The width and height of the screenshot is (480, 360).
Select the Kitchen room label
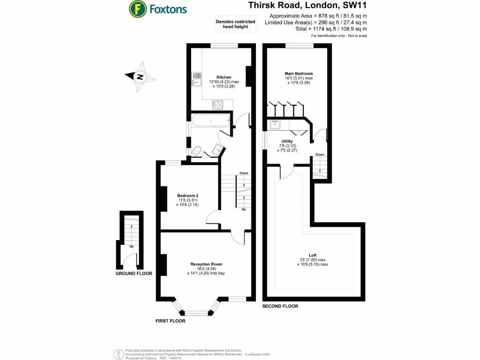click(224, 77)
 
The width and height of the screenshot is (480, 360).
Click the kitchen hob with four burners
click(218, 105)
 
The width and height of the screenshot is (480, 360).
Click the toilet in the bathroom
click(197, 151)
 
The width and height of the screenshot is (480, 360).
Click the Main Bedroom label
click(299, 74)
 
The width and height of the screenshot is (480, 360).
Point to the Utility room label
click(287, 141)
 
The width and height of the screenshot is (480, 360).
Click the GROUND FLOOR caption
click(134, 273)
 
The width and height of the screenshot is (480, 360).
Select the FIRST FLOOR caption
click(171, 321)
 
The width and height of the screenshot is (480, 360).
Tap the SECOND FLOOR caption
click(280, 306)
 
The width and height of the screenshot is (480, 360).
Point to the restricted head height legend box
click(235, 24)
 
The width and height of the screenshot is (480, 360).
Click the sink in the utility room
click(274, 124)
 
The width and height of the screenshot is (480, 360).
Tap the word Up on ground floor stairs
click(131, 246)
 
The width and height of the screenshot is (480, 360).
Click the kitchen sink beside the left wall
click(195, 79)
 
